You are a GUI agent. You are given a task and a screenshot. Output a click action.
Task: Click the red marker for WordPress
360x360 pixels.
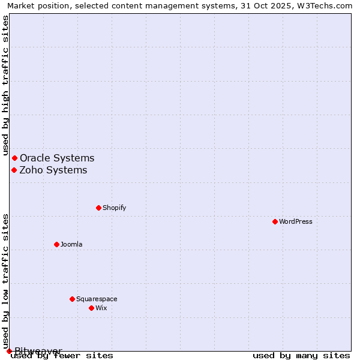[x=275, y=221]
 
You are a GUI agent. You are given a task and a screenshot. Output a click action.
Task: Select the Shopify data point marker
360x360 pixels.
[x=98, y=208]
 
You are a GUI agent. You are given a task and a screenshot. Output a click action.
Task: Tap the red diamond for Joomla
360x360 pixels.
[x=56, y=244]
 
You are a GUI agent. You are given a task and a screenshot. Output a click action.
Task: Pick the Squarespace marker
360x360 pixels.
[x=72, y=299]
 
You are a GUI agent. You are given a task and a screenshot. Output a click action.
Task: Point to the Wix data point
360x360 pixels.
[x=91, y=308]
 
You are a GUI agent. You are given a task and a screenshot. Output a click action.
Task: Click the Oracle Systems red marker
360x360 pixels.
[x=15, y=158]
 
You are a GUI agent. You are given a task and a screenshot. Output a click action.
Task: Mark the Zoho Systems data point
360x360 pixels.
[x=14, y=170]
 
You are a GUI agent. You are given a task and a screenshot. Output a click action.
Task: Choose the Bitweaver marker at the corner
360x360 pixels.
[x=9, y=351]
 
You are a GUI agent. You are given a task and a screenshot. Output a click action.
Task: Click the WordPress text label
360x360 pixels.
[x=296, y=221]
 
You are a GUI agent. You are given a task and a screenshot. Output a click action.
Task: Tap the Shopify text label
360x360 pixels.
[x=114, y=208]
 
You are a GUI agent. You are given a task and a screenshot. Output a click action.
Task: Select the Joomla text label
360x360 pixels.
[x=71, y=244]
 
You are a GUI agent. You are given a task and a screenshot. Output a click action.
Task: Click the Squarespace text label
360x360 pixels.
[x=97, y=299]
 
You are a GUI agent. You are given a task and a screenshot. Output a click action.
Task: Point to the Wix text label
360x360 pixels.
[x=101, y=308]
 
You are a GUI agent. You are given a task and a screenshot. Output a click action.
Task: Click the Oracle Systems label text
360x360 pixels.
[x=57, y=158]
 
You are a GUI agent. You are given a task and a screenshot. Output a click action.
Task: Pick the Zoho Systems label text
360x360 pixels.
[x=53, y=170]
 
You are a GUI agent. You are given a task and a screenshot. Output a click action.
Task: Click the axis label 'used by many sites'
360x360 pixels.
[x=301, y=356]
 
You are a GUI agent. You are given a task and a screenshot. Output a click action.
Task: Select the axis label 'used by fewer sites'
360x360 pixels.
[x=62, y=356]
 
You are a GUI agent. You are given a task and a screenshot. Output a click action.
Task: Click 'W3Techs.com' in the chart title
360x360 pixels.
[x=327, y=5]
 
